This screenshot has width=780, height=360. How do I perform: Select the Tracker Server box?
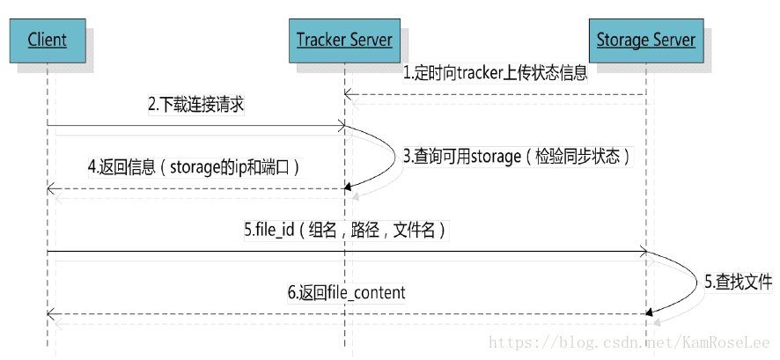click(x=344, y=40)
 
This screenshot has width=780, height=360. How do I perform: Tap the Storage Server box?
click(x=645, y=40)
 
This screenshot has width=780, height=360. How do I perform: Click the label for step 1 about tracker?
click(x=496, y=74)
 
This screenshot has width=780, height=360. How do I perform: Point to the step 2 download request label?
click(x=195, y=105)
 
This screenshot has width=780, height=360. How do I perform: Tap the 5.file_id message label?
click(x=345, y=231)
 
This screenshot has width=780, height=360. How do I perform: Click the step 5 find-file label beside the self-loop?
click(x=738, y=283)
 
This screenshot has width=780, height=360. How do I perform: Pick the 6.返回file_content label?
click(x=346, y=292)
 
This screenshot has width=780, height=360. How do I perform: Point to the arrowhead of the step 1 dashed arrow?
click(x=349, y=93)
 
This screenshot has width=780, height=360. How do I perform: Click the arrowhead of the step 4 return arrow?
click(x=51, y=188)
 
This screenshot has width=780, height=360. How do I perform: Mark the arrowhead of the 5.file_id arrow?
click(x=643, y=253)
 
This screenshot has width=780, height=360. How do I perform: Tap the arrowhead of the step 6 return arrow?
click(x=51, y=313)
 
